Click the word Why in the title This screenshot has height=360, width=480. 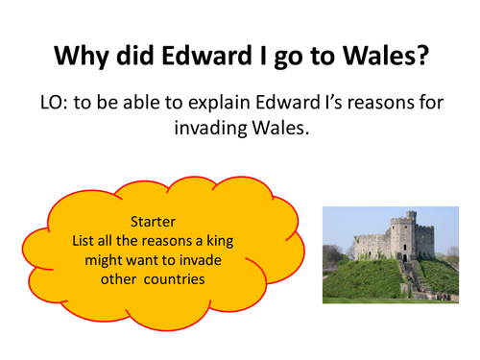(80, 57)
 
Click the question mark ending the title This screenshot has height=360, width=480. (420, 57)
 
